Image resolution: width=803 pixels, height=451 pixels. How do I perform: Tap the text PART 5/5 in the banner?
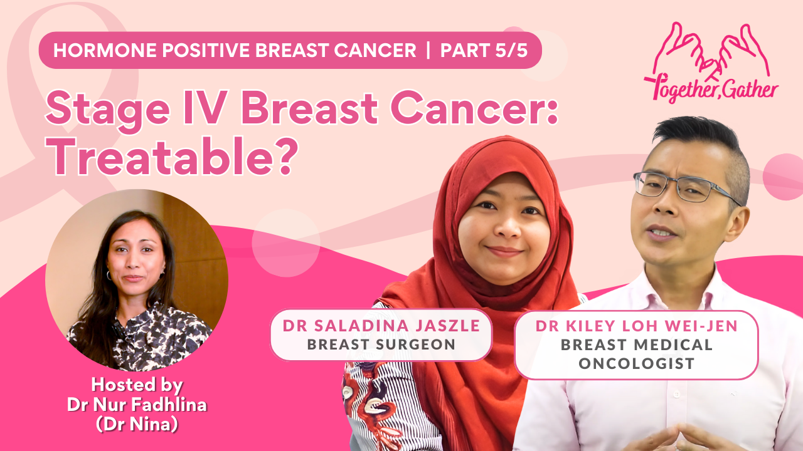[484, 50]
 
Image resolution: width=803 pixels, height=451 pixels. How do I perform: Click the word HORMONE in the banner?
[105, 50]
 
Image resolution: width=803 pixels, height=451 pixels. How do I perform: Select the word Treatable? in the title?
[172, 157]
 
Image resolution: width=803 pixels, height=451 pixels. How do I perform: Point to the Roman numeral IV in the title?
[205, 107]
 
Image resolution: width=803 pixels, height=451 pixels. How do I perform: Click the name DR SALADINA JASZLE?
[381, 326]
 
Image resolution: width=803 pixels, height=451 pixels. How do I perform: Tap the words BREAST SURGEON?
[381, 345]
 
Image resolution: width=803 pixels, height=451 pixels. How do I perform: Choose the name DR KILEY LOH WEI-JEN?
[637, 326]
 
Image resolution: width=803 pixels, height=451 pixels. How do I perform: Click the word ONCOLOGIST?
[637, 363]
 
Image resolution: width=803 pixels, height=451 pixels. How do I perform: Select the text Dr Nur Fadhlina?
[137, 405]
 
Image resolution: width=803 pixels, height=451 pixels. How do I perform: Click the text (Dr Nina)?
[137, 425]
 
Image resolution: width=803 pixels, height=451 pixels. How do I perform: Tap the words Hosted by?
[137, 385]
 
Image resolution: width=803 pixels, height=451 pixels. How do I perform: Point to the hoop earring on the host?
[109, 275]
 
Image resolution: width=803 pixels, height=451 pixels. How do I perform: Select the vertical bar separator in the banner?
[428, 50]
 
